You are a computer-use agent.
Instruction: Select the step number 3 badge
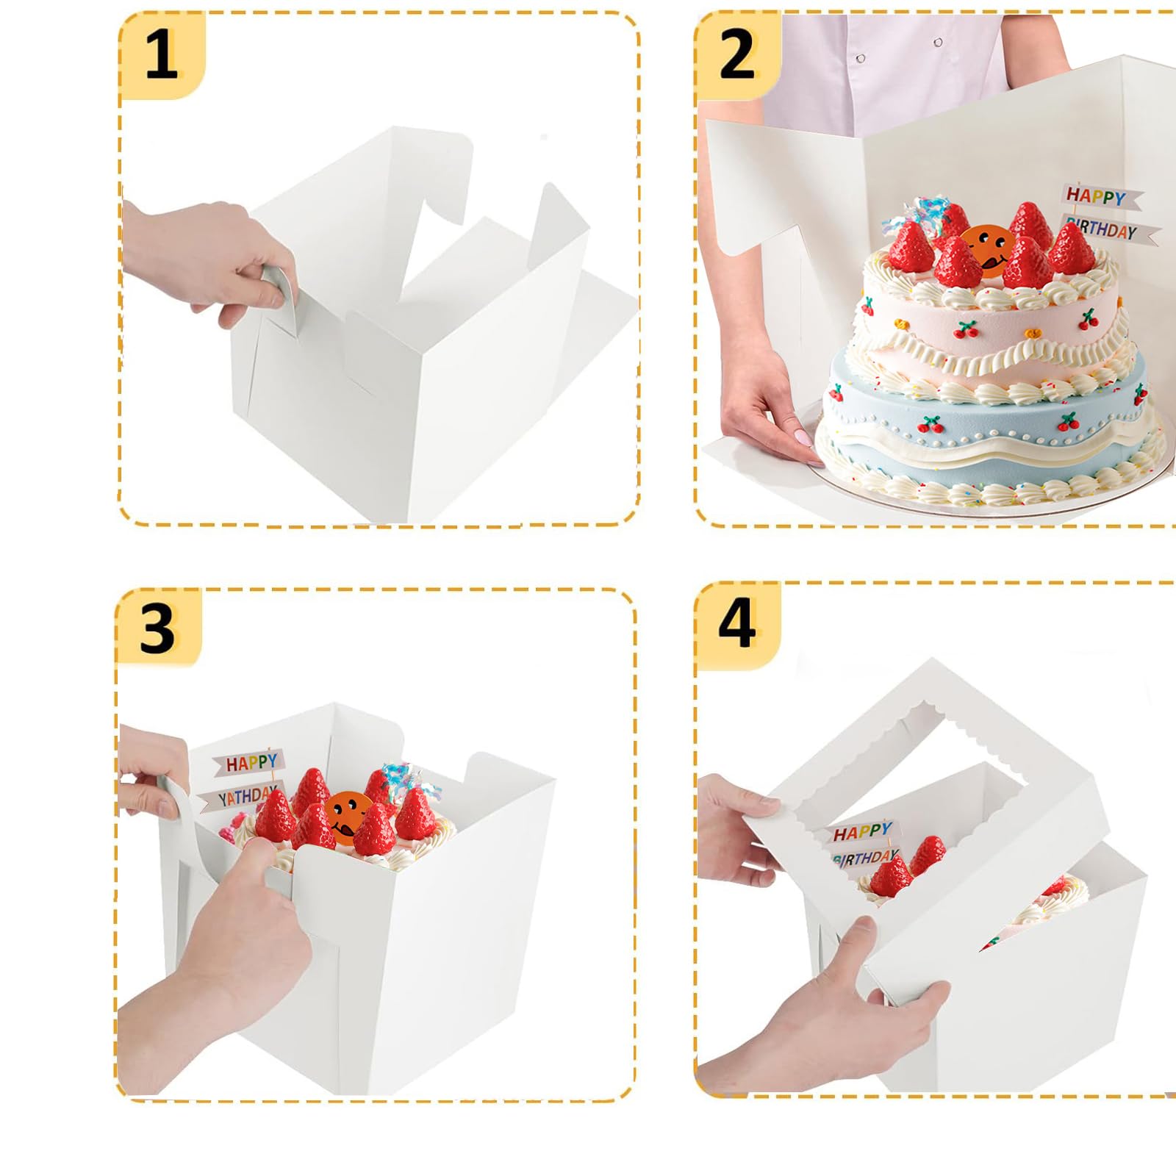point(157,629)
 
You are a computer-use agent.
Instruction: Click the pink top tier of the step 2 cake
point(985,323)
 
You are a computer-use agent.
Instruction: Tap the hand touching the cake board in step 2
point(764,419)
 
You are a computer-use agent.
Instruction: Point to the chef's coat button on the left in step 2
point(861,58)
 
